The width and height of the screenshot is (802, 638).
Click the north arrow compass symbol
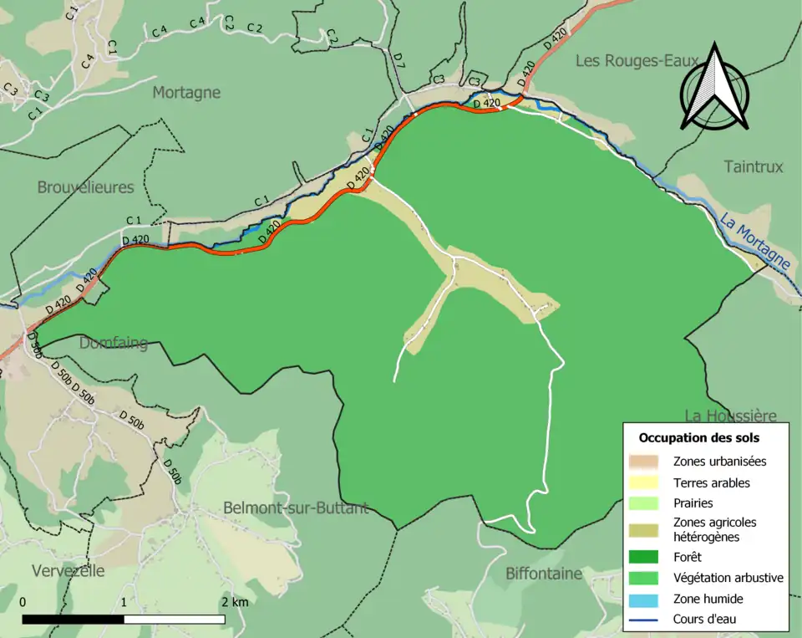(x=714, y=88)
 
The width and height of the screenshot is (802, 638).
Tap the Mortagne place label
(x=186, y=93)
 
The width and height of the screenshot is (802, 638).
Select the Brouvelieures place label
(x=85, y=187)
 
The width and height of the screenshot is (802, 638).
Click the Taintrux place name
(x=754, y=167)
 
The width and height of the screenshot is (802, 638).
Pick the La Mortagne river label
(x=755, y=242)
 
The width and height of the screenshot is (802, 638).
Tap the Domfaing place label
(x=114, y=343)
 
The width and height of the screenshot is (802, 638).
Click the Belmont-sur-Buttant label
(x=296, y=508)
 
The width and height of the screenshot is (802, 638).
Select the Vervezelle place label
(x=69, y=571)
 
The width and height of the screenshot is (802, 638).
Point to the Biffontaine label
(x=544, y=574)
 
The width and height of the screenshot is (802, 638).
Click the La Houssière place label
(x=731, y=416)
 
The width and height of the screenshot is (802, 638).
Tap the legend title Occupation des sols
(x=699, y=437)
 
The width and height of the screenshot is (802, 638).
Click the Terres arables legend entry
(x=711, y=482)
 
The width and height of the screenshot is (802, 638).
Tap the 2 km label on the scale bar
(x=235, y=602)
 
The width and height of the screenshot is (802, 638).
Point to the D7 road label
(x=398, y=60)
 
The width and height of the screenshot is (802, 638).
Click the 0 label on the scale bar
(x=22, y=602)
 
